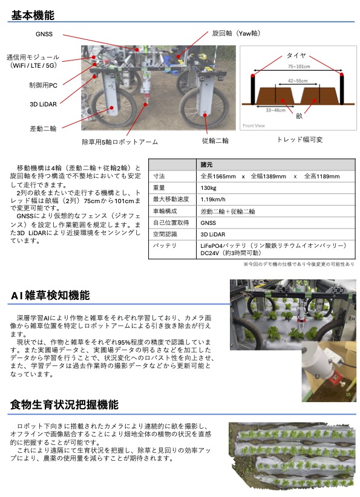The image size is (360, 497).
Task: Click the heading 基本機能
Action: click(33, 15)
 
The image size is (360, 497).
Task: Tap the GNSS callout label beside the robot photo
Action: click(44, 34)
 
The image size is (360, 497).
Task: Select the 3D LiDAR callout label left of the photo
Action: click(43, 104)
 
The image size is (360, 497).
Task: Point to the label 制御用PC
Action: click(44, 85)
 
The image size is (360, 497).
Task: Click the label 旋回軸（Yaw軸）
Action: click(237, 33)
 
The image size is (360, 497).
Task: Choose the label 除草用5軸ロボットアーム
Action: click(120, 141)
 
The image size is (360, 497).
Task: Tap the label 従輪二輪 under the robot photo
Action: click(215, 140)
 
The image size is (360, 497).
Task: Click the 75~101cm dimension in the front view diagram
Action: click(299, 67)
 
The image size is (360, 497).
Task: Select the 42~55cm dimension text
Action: click(298, 81)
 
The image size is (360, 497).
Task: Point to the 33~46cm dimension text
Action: click(276, 110)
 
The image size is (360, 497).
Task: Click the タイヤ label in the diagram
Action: click(296, 56)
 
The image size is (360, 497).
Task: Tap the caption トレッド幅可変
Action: click(299, 140)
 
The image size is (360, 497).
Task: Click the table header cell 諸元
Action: click(206, 165)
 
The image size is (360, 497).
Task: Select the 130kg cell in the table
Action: click(208, 188)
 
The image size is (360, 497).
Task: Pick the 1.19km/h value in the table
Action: click(213, 200)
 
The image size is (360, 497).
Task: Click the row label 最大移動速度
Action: click(171, 200)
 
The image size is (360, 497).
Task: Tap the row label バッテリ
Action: click(165, 245)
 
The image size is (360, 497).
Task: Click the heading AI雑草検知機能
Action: click(50, 295)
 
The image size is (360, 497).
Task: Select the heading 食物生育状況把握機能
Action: click(64, 404)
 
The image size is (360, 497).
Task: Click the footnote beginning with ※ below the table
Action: click(298, 264)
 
